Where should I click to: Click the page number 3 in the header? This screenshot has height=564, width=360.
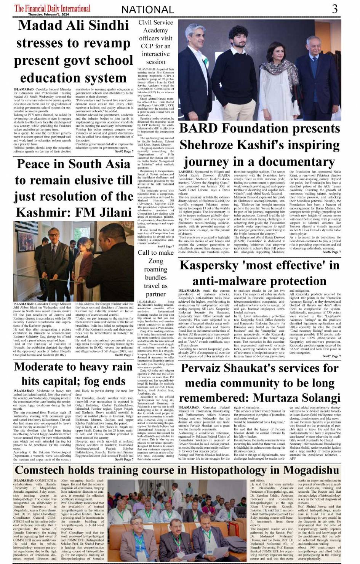tap(334, 9)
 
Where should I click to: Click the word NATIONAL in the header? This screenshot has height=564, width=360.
tap(148, 10)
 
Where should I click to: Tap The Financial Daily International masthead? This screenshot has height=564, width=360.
tap(52, 8)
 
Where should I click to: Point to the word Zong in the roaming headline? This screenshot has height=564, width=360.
tap(155, 261)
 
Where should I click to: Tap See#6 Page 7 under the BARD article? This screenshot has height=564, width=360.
tap(331, 252)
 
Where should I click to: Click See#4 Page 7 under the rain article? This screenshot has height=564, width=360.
tap(124, 459)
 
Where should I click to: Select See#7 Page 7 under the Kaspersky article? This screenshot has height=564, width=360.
tap(331, 356)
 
